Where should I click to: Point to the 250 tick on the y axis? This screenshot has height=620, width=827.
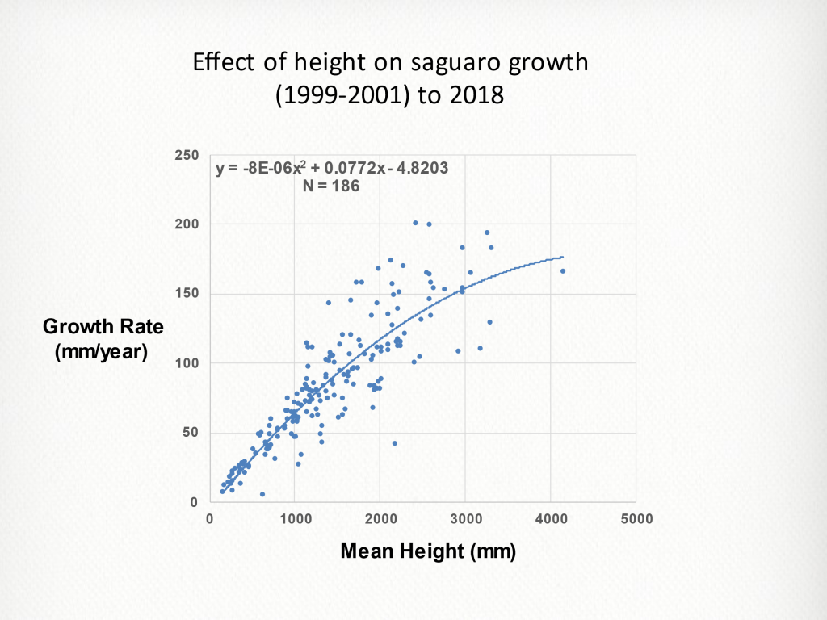188,154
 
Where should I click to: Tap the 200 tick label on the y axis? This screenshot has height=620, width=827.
188,224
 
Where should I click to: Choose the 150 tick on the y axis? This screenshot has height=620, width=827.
188,294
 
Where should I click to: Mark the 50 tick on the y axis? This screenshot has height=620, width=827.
191,433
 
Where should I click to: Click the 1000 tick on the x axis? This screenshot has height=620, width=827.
295,518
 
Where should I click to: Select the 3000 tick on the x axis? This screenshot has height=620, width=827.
465,518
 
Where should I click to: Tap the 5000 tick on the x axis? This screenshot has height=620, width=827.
636,518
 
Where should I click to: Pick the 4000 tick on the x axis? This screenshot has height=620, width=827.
551,518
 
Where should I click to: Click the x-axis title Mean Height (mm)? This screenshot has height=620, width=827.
428,552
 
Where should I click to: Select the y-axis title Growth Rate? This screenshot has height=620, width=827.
103,327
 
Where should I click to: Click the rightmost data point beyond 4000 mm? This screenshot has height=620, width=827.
563,271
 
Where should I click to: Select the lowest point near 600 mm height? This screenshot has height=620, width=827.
262,494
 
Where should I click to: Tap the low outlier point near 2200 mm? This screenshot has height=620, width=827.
395,443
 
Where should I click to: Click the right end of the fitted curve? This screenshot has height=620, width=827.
562,257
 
